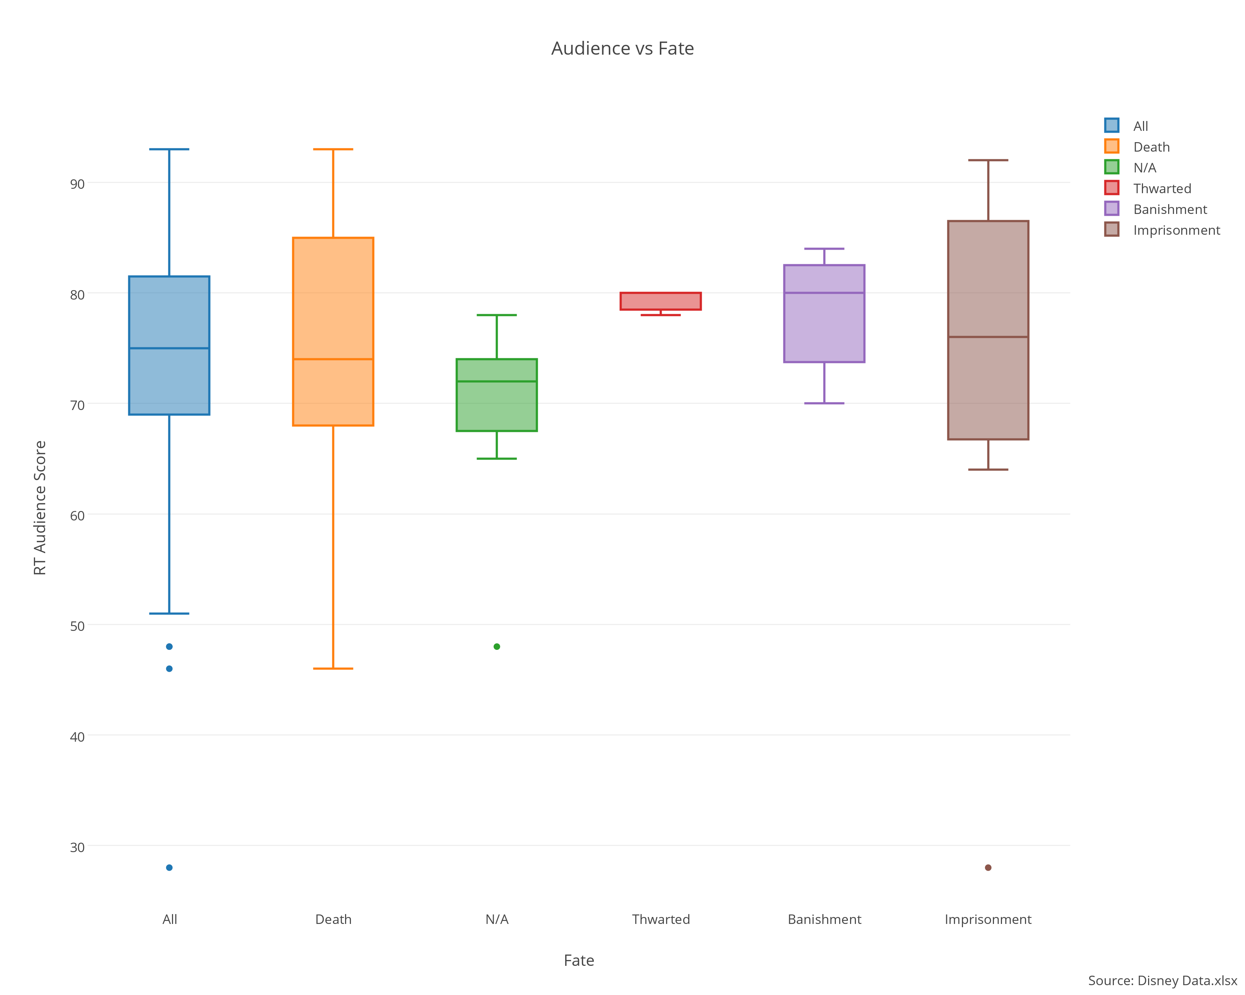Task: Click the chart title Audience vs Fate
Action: pyautogui.click(x=622, y=48)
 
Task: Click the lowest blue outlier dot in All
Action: pyautogui.click(x=169, y=867)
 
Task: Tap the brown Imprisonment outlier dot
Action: pyautogui.click(x=988, y=867)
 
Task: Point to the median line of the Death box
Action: pyautogui.click(x=333, y=359)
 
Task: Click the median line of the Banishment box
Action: pyautogui.click(x=824, y=293)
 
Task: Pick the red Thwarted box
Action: pyautogui.click(x=661, y=301)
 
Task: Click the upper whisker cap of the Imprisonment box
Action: pyautogui.click(x=988, y=160)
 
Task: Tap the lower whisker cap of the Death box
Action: pyautogui.click(x=333, y=669)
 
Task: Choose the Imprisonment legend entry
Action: pyautogui.click(x=1176, y=230)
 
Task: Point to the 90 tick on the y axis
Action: pyautogui.click(x=77, y=184)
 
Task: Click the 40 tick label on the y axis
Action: pyautogui.click(x=77, y=737)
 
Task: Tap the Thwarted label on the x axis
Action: pyautogui.click(x=661, y=919)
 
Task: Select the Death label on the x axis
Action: pyautogui.click(x=333, y=919)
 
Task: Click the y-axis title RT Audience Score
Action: pyautogui.click(x=40, y=508)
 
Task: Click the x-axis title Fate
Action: pyautogui.click(x=579, y=960)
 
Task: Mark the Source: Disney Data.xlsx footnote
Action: pyautogui.click(x=1162, y=980)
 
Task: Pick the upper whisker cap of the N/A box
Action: pyautogui.click(x=497, y=315)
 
